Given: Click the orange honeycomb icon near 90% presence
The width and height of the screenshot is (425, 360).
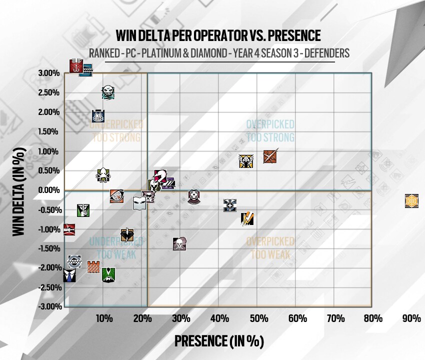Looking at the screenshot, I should [x=411, y=201].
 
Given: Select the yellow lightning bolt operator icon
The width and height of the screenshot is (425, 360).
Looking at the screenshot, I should [x=248, y=218].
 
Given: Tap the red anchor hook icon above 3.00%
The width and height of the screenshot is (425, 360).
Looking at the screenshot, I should [x=75, y=66].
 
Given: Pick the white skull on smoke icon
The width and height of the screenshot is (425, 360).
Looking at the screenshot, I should [x=178, y=244].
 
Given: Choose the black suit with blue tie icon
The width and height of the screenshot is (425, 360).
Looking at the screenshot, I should [x=69, y=274].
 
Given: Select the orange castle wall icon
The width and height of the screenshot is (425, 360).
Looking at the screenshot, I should [x=93, y=267].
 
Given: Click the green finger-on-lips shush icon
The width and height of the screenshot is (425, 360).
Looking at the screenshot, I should [x=83, y=210].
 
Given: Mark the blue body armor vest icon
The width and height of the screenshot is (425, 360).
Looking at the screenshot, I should [x=98, y=116].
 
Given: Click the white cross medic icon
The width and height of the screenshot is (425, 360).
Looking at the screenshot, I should [x=230, y=205].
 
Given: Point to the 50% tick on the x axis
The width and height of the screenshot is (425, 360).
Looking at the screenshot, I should [x=258, y=318].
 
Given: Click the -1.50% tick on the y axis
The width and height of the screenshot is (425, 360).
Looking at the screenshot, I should [x=49, y=248].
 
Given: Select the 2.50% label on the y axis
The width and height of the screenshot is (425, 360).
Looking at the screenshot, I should [x=49, y=92].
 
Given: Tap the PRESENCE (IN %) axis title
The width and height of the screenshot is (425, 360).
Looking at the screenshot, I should [x=218, y=341].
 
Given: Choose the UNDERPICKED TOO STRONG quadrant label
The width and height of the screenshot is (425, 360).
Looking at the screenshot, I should [x=115, y=130].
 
